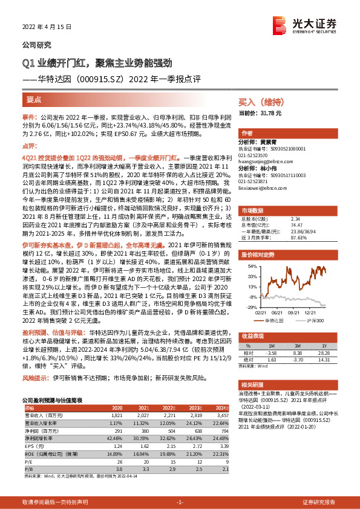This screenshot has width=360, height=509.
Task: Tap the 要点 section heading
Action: pos(34,98)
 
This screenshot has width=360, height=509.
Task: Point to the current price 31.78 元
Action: pos(269,113)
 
